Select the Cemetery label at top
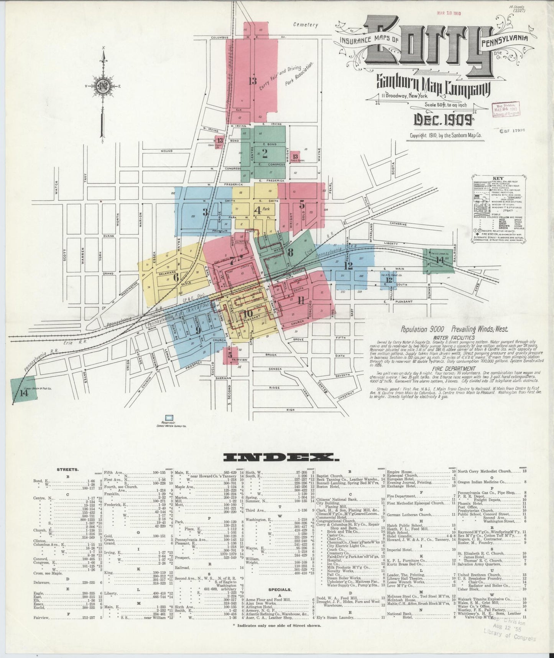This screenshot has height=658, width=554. [306, 25]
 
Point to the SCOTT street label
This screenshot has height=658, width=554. [65, 254]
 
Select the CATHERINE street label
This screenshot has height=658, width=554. [400, 223]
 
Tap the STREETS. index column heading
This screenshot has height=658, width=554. [67, 469]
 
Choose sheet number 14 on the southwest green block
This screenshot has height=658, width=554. [24, 392]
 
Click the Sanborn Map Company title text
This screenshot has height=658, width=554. [433, 86]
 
